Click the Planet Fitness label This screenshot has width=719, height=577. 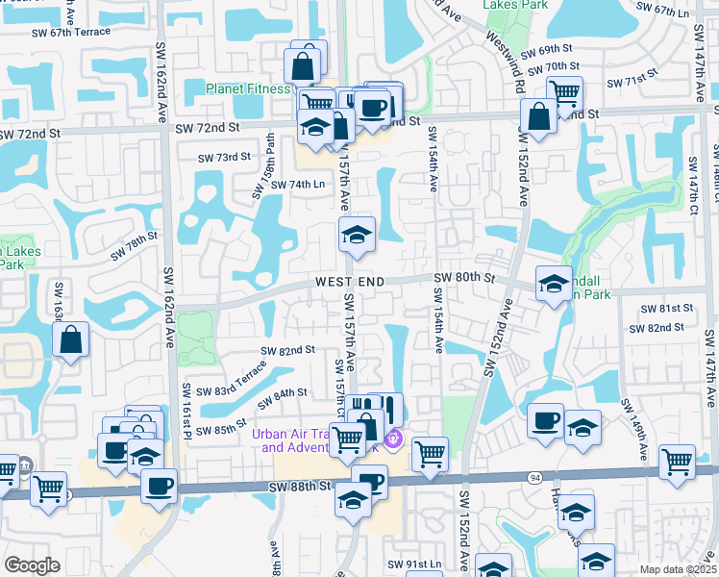pyautogui.click(x=248, y=89)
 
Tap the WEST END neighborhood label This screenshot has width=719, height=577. pyautogui.click(x=350, y=282)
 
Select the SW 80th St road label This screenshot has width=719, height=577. pyautogui.click(x=463, y=278)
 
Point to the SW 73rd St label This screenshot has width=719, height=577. pyautogui.click(x=224, y=157)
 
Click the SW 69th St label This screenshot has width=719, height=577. pyautogui.click(x=548, y=49)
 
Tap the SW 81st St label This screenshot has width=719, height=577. pyautogui.click(x=670, y=308)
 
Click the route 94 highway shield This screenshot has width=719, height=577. pyautogui.click(x=533, y=478)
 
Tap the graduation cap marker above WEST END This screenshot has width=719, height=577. pyautogui.click(x=356, y=236)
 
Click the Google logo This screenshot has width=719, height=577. pyautogui.click(x=32, y=565)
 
